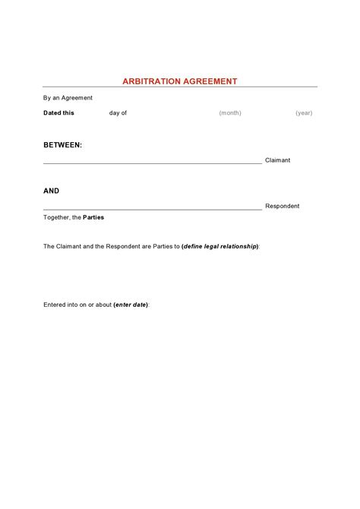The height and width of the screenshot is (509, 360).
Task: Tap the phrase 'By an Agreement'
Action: [68, 97]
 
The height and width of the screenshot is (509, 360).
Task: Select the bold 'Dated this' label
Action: [58, 112]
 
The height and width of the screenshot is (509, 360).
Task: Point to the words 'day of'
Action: [118, 112]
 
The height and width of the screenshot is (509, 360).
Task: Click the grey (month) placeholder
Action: [230, 112]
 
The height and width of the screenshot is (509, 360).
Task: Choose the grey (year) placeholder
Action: [304, 112]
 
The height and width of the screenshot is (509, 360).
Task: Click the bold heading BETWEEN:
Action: [62, 144]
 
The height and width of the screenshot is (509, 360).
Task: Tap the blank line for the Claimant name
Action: [152, 163]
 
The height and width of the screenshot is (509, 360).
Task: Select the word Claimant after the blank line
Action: [277, 160]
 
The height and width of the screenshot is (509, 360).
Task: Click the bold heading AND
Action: [51, 191]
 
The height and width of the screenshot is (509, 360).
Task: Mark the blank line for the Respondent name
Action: [152, 208]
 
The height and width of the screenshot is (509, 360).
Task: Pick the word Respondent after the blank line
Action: [282, 206]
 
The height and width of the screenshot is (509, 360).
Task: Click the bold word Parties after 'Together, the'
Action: [93, 217]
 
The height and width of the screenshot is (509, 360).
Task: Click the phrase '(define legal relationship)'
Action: [220, 246]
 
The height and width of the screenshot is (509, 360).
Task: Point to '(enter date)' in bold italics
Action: [131, 305]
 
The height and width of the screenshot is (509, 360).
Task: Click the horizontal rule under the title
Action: [180, 87]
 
